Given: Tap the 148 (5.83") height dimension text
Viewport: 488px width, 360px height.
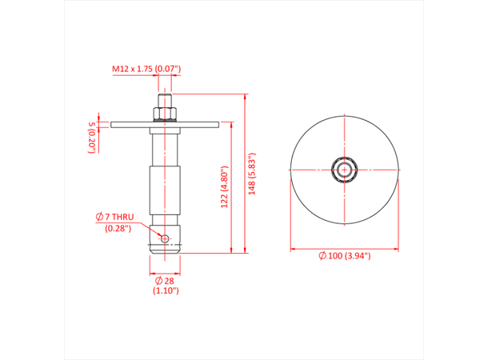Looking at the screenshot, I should (254, 174).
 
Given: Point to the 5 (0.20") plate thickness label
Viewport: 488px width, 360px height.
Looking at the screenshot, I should (92, 136).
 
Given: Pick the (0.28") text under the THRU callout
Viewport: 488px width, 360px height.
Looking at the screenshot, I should (118, 229).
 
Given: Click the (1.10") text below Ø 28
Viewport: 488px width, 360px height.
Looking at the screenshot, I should (164, 291).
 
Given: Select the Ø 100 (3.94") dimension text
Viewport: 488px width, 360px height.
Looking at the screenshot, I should (344, 255).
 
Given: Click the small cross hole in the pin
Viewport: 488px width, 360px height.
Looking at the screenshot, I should (164, 238).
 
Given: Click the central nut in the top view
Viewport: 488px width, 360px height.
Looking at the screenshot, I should (344, 169).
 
